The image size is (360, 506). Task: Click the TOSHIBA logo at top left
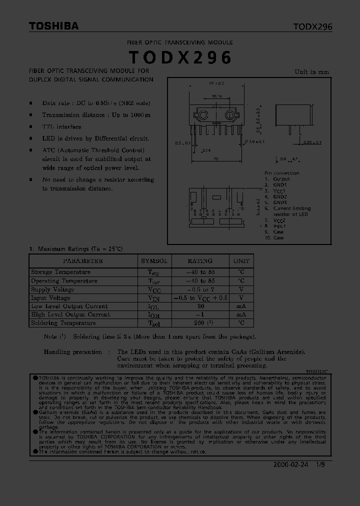pos(53,26)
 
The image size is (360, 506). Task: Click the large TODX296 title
pos(180,58)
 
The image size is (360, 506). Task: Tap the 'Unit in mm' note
pos(311,72)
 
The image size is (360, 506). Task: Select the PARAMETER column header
pos(82,261)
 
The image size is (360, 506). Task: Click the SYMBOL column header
pos(154,261)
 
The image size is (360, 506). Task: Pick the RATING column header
pos(199,261)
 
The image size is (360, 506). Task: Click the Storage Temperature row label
pos(60,272)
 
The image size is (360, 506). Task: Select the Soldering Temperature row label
pos(63,323)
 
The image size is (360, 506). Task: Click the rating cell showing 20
pos(200,306)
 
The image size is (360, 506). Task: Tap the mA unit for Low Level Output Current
pos(241,306)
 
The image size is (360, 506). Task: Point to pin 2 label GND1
pos(280,185)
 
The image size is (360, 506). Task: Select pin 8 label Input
pos(280,226)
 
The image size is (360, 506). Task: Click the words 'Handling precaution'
pos(73,352)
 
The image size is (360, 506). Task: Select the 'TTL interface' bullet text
pos(61,127)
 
